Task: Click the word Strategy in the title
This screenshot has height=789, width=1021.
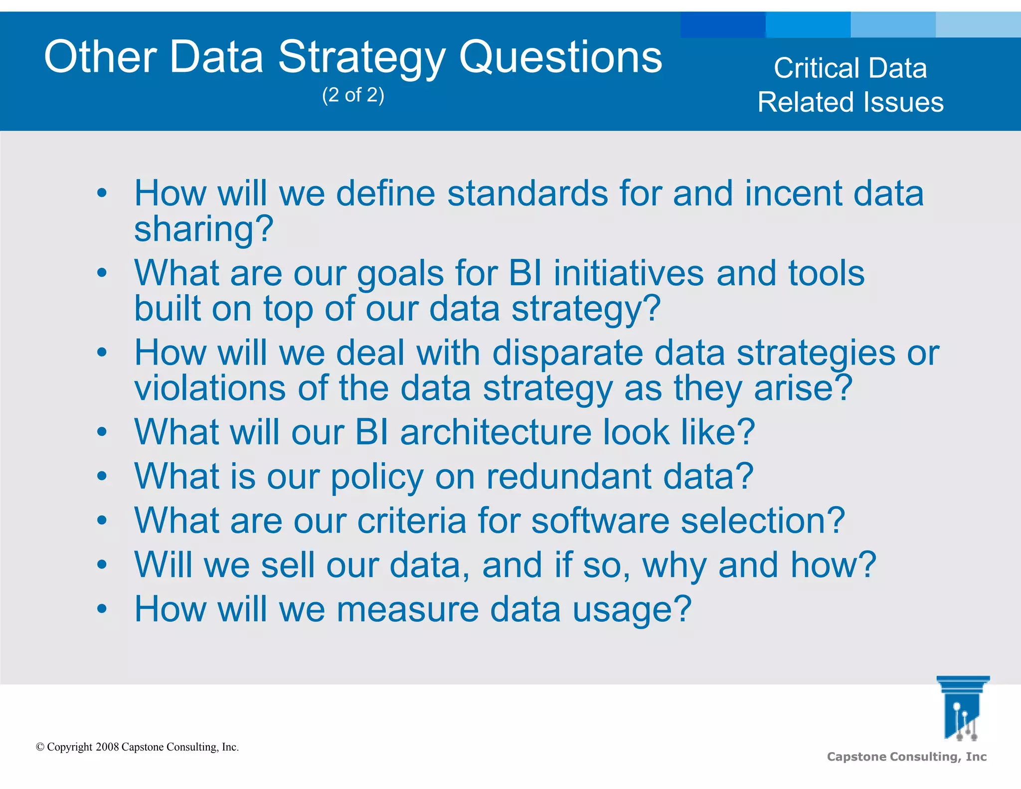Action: [361, 57]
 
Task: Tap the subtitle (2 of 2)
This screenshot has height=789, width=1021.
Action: [353, 95]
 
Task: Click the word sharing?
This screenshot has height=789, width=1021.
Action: [203, 229]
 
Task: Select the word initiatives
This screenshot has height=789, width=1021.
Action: [629, 273]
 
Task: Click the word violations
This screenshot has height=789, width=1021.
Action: [209, 388]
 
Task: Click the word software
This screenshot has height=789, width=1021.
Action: [600, 521]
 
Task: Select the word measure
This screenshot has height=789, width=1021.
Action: [407, 609]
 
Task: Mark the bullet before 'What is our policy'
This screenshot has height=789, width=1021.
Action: [102, 476]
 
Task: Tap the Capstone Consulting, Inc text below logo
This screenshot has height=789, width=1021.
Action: [906, 757]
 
